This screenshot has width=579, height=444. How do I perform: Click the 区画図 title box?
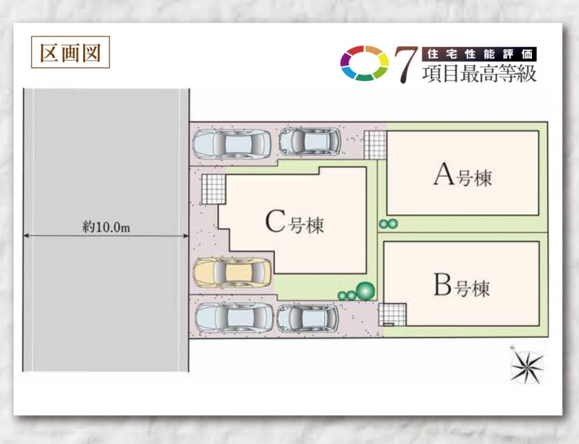pyautogui.click(x=70, y=52)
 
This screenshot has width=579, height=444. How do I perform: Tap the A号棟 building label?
pyautogui.click(x=462, y=175)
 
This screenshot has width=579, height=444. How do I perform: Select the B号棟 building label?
pyautogui.click(x=462, y=286)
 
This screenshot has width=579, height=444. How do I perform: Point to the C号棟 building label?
pyautogui.click(x=295, y=222)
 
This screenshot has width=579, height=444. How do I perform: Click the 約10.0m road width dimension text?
pyautogui.click(x=106, y=226)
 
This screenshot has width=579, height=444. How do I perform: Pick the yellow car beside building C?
pyautogui.click(x=232, y=273)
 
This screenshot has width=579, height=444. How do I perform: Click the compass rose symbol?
pyautogui.click(x=526, y=365)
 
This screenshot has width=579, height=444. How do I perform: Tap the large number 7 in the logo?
pyautogui.click(x=406, y=64)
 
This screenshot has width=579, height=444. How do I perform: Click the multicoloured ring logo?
pyautogui.click(x=365, y=63)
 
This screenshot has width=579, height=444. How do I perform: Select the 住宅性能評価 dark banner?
pyautogui.click(x=479, y=54)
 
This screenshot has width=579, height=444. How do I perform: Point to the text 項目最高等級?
pyautogui.click(x=479, y=74)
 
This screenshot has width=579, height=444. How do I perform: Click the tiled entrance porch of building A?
pyautogui.click(x=375, y=145)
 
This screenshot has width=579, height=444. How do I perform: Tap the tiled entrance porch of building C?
pyautogui.click(x=214, y=189)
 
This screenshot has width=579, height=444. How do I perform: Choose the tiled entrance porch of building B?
pyautogui.click(x=392, y=315)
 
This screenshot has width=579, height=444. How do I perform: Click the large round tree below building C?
pyautogui.click(x=365, y=291)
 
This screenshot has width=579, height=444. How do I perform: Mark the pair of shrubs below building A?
pyautogui.click(x=389, y=223)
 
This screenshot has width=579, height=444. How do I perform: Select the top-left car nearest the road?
pyautogui.click(x=232, y=145)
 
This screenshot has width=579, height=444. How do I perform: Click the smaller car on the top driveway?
pyautogui.click(x=310, y=142)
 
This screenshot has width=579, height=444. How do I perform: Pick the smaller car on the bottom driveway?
pyautogui.click(x=308, y=318)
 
